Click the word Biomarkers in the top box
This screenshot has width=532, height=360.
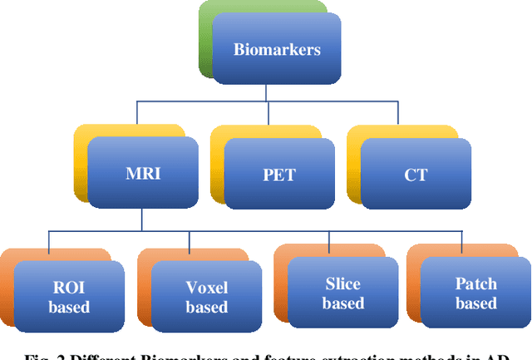point(275,49)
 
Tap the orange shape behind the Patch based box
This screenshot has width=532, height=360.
point(414,274)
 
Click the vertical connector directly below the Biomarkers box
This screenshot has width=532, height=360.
point(277,93)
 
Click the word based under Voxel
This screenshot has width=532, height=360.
point(206,308)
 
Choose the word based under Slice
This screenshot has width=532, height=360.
point(342,303)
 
